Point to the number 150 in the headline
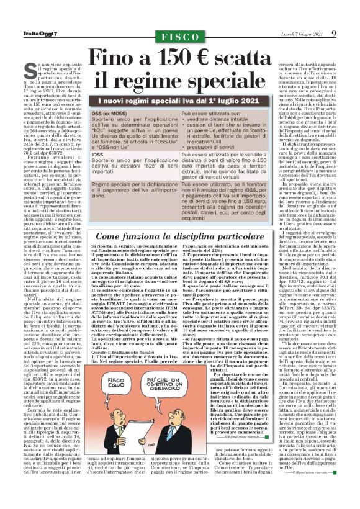coord(167,60)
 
